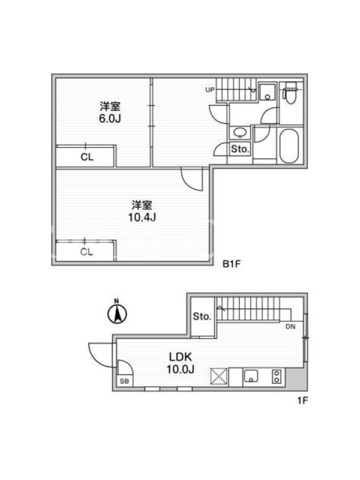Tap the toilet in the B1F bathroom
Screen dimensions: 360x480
[291, 93]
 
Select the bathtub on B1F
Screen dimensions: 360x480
[289, 146]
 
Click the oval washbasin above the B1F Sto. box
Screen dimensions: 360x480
[239, 133]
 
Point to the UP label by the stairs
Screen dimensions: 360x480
[209, 90]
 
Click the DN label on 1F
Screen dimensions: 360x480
[290, 326]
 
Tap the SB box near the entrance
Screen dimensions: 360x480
[124, 381]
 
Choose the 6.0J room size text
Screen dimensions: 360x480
[110, 118]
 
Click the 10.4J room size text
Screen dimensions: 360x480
[142, 217]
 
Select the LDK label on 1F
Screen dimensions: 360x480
[181, 357]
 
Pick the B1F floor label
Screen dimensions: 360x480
[232, 264]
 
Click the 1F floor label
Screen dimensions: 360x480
[302, 400]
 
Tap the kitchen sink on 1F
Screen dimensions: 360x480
[251, 376]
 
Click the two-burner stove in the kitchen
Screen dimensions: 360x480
[277, 376]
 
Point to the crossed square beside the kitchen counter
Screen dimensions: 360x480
[219, 376]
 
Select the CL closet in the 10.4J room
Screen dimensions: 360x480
[85, 251]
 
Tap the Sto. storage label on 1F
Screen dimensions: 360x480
[202, 316]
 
